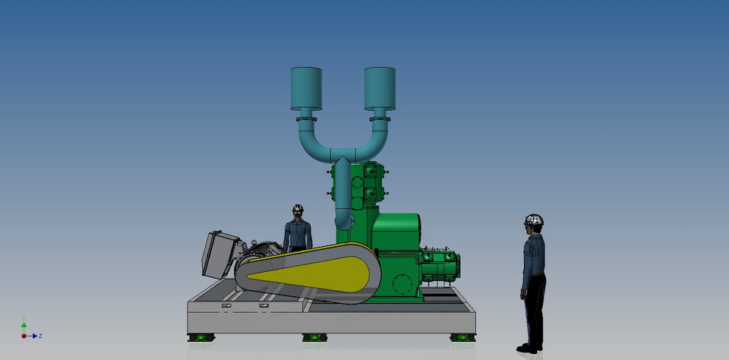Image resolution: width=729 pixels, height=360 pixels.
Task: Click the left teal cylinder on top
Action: click(x=306, y=87)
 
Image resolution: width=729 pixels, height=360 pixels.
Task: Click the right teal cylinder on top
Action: click(x=380, y=87)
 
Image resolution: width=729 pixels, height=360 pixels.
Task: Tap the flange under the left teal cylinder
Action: click(x=306, y=118)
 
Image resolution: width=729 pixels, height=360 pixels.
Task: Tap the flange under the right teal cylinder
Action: click(x=380, y=118)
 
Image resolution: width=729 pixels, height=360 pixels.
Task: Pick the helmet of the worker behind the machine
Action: click(x=298, y=208)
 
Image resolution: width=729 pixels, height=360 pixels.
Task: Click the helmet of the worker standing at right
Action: click(x=534, y=220)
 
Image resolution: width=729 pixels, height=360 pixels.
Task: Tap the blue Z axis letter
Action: click(x=39, y=336)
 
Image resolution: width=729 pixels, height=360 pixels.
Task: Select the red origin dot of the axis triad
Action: click(x=24, y=335)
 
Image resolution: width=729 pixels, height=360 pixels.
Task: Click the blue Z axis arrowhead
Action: click(x=34, y=335)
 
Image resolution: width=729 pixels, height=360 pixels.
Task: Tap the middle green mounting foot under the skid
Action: click(x=314, y=337)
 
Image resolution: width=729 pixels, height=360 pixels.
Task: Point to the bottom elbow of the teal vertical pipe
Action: click(x=344, y=220)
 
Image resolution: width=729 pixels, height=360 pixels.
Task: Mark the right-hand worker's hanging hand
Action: click(x=525, y=292)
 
